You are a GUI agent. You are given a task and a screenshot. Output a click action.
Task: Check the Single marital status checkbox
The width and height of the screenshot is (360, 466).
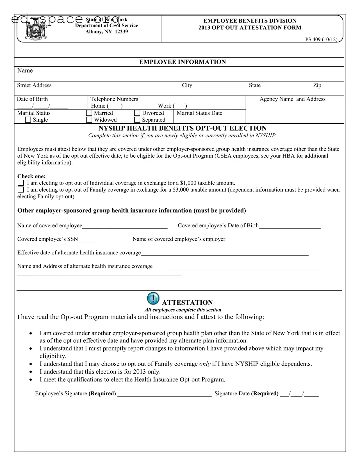pyautogui.click(x=28, y=120)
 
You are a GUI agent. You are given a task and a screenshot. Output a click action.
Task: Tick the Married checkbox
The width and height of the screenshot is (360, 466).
pyautogui.click(x=89, y=113)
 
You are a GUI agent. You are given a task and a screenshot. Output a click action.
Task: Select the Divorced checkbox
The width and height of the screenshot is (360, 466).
pyautogui.click(x=137, y=113)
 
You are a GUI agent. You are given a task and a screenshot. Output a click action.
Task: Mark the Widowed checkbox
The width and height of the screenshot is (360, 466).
pyautogui.click(x=89, y=120)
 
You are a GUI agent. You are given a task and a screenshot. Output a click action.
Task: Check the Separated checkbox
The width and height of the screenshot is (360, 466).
pyautogui.click(x=137, y=120)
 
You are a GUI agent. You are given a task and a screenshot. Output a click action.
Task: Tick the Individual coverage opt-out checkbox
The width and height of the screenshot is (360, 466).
pyautogui.click(x=21, y=183)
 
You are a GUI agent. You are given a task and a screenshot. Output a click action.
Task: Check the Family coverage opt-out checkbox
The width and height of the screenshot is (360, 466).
pyautogui.click(x=21, y=190)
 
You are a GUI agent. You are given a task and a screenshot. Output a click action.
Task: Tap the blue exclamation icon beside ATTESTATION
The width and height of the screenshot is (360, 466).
pyautogui.click(x=153, y=299)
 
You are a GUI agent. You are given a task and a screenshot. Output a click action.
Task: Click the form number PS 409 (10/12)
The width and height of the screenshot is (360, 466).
pyautogui.click(x=321, y=40)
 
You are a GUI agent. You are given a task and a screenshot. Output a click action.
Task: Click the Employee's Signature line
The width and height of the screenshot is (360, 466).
pyautogui.click(x=164, y=394)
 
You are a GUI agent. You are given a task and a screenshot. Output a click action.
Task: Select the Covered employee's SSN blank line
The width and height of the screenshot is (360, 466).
pyautogui.click(x=104, y=239)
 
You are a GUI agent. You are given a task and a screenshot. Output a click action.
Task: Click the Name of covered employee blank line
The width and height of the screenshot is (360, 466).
pyautogui.click(x=125, y=226)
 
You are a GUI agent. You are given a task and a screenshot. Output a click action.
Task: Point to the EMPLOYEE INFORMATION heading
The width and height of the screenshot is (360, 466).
pyautogui.click(x=183, y=62)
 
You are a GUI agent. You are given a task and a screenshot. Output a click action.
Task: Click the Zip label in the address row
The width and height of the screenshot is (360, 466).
pyautogui.click(x=317, y=85)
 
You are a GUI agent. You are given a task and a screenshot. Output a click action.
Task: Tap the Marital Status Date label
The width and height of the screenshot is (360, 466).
pyautogui.click(x=199, y=113)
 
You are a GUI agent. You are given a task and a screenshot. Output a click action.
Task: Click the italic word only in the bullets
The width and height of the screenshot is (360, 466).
pyautogui.click(x=205, y=364)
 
